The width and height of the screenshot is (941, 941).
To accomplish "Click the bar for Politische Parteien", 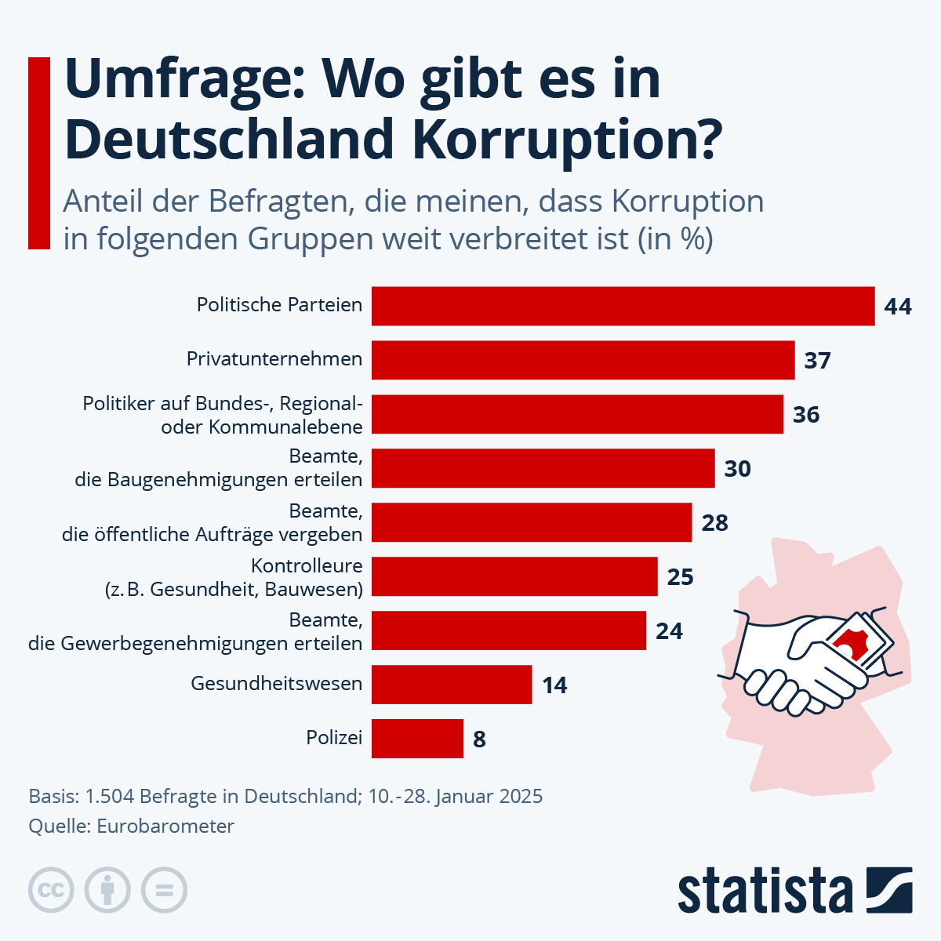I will coord(623,306).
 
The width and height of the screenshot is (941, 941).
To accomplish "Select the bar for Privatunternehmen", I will coord(583,360).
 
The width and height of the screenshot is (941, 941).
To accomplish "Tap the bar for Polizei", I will coord(417,739).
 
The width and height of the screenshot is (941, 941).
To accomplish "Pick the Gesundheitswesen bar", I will coord(452,685).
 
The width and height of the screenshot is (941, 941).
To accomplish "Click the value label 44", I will coord(898,307).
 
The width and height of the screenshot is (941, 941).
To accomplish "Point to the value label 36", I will coord(806,414).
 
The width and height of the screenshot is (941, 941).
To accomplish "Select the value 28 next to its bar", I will coord(714,523).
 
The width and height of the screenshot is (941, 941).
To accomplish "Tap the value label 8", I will coord(479,739).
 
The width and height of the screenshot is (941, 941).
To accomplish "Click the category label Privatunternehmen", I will coord(274,359).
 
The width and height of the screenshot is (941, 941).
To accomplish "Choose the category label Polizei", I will coord(334,738).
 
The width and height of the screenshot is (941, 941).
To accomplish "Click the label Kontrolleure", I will coord(307,565).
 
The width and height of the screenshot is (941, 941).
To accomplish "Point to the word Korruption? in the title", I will coord(564,140).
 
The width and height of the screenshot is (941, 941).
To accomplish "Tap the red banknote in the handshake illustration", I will coord(859,643).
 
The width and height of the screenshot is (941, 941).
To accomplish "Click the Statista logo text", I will coord(765,892).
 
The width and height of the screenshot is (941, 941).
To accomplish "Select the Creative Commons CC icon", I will coord(51,890).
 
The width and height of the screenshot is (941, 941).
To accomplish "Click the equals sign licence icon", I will coord(164,890).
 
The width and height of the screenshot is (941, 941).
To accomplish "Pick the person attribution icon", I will coord(107,890).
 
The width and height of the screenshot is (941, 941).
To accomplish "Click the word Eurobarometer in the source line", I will coord(165,826).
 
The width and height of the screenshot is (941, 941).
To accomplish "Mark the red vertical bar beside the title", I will coord(39,154).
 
